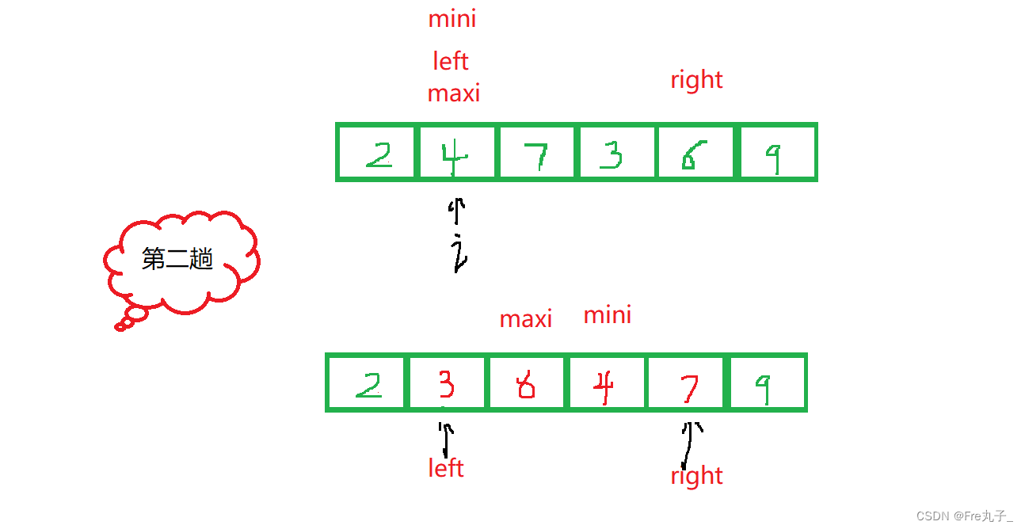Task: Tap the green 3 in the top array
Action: coord(612,156)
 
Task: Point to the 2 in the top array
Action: coord(378,156)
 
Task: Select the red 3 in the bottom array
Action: coord(446,384)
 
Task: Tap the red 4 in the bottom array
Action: coord(605,386)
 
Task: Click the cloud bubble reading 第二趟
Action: coord(178,260)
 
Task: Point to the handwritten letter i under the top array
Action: coord(458,252)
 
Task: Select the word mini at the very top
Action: coord(452,19)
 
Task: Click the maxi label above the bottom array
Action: coord(526,319)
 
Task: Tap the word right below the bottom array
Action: coord(696,476)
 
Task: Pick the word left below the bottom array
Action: coord(445,468)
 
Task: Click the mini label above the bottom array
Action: coord(608,316)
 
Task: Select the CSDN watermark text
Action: coord(964,516)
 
